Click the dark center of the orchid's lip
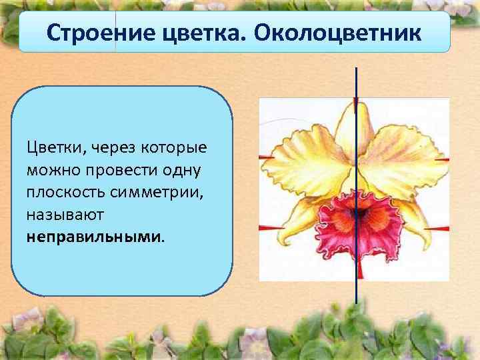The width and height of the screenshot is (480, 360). (358, 213)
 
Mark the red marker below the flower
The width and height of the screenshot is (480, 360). (360, 270)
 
